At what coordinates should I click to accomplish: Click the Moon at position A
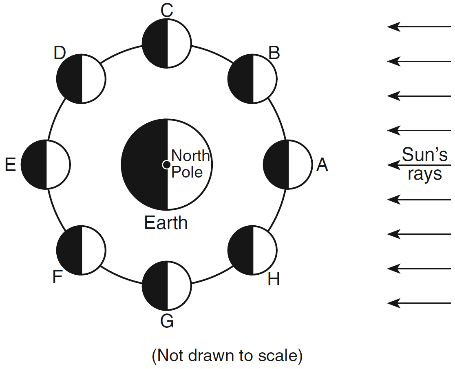click(288, 164)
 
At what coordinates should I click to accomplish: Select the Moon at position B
click(252, 78)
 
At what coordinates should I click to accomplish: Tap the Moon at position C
click(166, 43)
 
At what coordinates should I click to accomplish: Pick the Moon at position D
click(81, 78)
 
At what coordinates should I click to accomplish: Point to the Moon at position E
click(46, 164)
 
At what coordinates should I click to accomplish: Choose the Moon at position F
click(81, 250)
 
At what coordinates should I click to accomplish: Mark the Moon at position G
click(166, 286)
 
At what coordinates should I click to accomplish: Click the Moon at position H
click(252, 250)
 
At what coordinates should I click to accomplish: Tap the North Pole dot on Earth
click(166, 164)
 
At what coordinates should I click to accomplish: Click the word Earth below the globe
click(166, 223)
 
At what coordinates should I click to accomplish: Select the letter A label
click(322, 165)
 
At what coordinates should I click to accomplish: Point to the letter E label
click(10, 165)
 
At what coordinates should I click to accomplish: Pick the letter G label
click(167, 321)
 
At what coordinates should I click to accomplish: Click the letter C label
click(167, 11)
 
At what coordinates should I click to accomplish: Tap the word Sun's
click(425, 156)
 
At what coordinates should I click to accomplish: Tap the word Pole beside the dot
click(187, 172)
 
